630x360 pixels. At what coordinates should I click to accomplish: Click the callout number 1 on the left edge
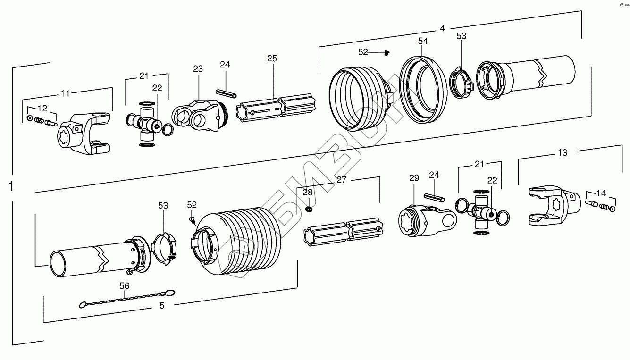[11, 186]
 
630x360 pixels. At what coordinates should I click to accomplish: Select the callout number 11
[65, 93]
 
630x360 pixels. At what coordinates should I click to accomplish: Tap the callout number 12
[42, 107]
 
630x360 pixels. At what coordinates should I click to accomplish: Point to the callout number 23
[198, 69]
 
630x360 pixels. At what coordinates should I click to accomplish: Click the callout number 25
[272, 59]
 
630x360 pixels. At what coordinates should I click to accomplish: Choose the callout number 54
[423, 41]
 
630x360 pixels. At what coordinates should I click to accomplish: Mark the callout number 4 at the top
[442, 28]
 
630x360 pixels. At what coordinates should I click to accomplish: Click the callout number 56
[124, 286]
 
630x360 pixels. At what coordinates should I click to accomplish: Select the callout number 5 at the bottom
[162, 305]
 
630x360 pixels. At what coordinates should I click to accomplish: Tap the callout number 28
[308, 193]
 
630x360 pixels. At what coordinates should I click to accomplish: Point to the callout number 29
[414, 178]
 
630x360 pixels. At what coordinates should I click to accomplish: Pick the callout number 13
[563, 152]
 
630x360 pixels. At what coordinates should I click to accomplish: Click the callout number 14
[601, 193]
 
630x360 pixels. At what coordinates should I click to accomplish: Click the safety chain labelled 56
[127, 299]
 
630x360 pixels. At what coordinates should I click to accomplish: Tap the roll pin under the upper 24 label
[226, 92]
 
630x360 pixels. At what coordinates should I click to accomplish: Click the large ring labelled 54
[423, 90]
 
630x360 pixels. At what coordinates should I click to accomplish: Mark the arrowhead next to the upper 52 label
[386, 53]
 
